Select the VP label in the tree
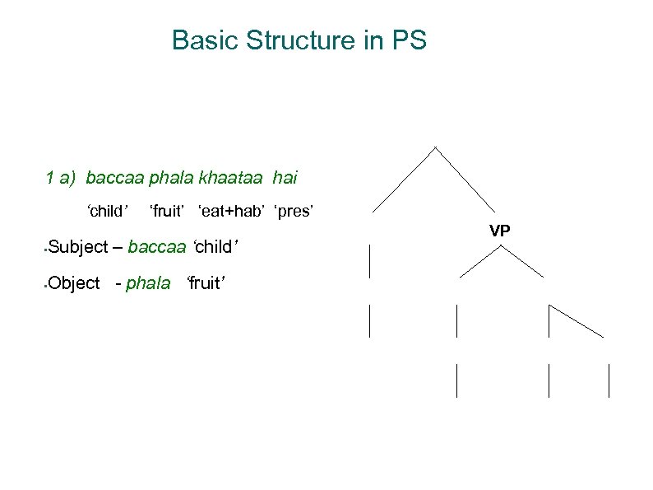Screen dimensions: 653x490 (500, 231)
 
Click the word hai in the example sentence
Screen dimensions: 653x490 (285, 176)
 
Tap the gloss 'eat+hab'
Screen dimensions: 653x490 (231, 212)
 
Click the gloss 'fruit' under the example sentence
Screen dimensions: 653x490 (168, 212)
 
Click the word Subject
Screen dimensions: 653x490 (77, 246)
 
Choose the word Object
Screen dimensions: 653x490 (74, 283)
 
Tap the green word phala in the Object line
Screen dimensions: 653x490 (149, 283)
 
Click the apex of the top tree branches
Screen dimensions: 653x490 (435, 148)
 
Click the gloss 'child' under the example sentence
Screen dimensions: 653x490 (107, 212)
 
